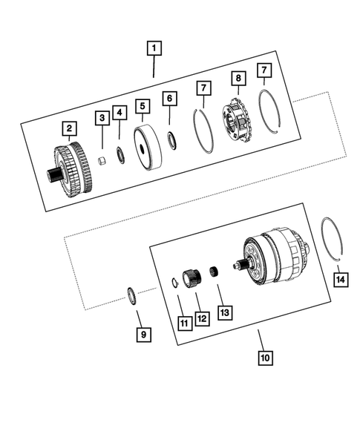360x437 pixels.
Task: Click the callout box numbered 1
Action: click(x=154, y=50)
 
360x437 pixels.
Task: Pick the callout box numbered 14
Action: click(x=340, y=279)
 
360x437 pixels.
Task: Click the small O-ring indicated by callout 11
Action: click(x=174, y=282)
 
